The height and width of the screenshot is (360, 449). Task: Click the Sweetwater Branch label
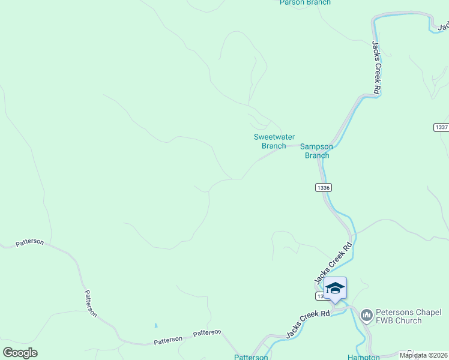pos(270,141)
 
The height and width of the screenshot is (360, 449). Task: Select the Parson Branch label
pos(305,3)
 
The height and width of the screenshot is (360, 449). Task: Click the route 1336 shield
pos(323,188)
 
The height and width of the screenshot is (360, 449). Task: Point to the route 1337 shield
pos(441,127)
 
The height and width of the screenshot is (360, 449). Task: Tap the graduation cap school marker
pos(335,288)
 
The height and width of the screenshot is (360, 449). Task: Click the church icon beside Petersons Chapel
pos(366,315)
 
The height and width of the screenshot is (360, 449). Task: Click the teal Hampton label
pos(363,357)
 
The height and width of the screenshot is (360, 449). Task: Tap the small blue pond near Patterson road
pos(155,326)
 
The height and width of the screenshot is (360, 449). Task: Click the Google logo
pos(20,353)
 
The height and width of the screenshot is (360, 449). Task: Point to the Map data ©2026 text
pos(424,355)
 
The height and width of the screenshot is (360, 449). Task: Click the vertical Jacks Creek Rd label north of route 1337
pos(376,67)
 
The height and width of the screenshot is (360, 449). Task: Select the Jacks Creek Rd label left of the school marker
pos(308,325)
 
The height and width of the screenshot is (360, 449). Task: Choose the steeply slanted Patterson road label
pos(90,304)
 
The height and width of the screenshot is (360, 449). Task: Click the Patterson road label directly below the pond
pos(168,340)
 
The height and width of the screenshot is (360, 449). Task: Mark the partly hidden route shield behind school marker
pos(321,296)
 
